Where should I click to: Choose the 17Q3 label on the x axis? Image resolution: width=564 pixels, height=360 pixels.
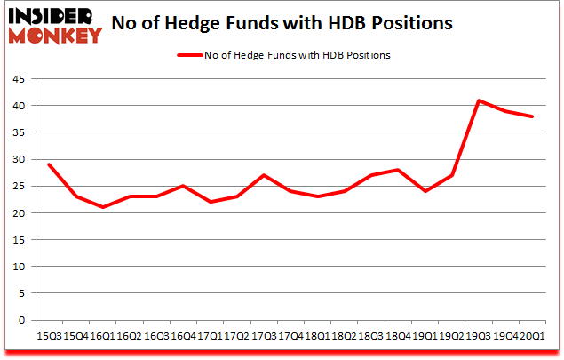pyautogui.click(x=264, y=336)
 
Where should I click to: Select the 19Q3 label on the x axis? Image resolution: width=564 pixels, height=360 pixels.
pyautogui.click(x=477, y=336)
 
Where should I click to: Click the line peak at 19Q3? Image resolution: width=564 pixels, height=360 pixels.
pyautogui.click(x=480, y=100)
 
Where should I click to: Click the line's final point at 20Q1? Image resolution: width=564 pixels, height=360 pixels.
pyautogui.click(x=533, y=116)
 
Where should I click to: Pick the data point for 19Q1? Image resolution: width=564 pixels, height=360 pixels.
pyautogui.click(x=426, y=191)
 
